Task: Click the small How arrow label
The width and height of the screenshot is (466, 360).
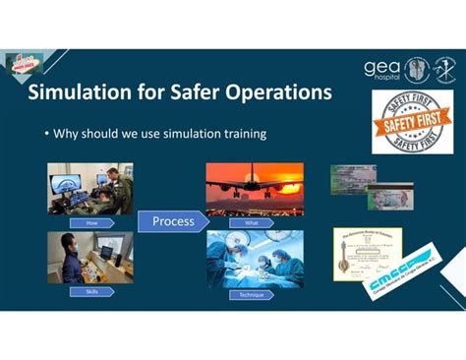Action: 92,223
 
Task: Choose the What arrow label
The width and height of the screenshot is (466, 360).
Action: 252,223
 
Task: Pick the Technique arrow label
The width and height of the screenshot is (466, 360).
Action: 252,294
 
